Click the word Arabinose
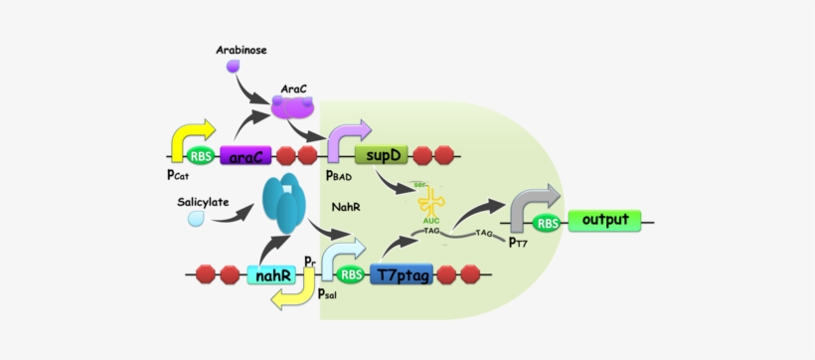[243, 49]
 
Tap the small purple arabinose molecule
[233, 67]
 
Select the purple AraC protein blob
[292, 106]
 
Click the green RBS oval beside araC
[200, 156]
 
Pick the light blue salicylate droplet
[197, 217]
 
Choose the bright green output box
[604, 220]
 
